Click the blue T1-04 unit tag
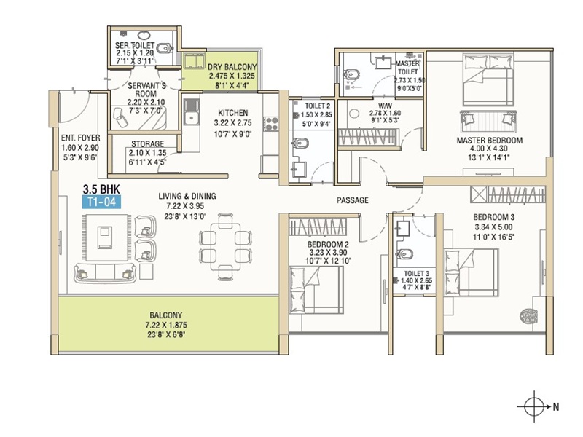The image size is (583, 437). click(101, 202)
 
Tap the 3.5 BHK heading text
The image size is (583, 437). click(101, 189)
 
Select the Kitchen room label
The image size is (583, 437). click(232, 113)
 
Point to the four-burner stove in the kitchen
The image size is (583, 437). click(271, 124)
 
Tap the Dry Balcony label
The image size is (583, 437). click(232, 67)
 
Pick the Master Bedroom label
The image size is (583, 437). click(489, 140)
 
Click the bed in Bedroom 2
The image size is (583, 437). click(316, 289)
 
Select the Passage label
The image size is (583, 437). click(353, 200)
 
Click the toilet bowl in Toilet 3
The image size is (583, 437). click(404, 253)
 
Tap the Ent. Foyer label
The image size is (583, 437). click(80, 138)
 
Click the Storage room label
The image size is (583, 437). click(147, 143)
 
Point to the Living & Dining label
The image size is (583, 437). click(187, 196)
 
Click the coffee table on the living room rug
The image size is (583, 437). click(104, 237)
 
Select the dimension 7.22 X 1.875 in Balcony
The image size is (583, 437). click(166, 325)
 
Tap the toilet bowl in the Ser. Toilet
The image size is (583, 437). click(165, 49)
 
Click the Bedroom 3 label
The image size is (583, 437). click(494, 217)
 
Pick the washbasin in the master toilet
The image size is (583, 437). click(382, 62)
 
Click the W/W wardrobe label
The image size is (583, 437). click(385, 106)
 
